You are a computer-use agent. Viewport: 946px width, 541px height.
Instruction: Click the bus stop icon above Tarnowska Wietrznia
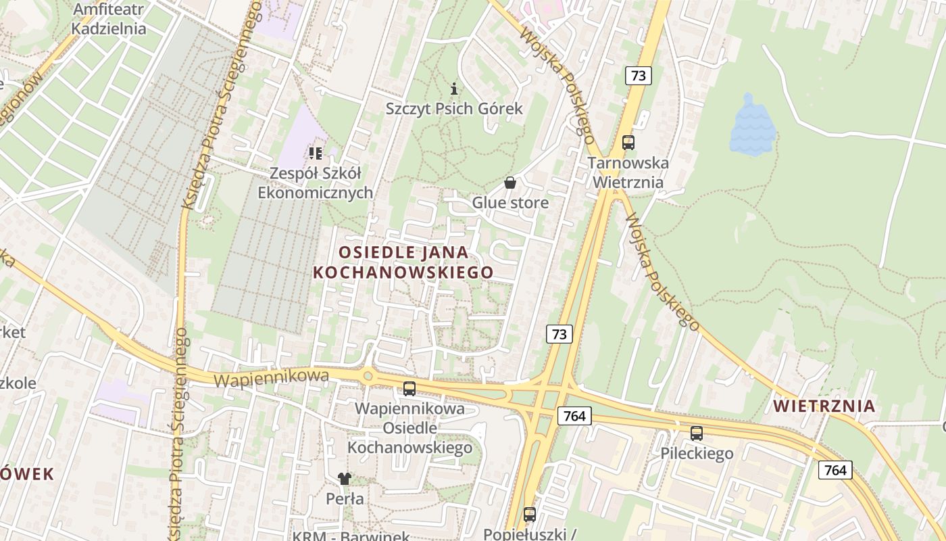pos(628,143)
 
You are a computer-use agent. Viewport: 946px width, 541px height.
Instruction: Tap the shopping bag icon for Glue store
pos(510,183)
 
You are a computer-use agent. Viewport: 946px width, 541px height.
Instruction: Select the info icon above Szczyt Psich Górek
pos(454,88)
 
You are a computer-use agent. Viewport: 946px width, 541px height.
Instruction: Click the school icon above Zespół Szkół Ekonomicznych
pos(315,154)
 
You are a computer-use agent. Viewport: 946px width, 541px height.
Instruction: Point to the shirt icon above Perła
pos(345,479)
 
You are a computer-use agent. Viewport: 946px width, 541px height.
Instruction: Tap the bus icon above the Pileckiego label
pos(697,433)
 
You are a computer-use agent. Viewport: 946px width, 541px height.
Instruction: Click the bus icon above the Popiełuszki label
pos(530,515)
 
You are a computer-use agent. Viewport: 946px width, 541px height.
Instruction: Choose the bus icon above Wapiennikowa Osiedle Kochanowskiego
pos(409,389)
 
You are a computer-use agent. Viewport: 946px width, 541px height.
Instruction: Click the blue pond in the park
pos(750,128)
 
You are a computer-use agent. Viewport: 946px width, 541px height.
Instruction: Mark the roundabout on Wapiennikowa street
pos(368,375)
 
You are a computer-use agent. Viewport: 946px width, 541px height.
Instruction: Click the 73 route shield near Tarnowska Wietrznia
pos(639,75)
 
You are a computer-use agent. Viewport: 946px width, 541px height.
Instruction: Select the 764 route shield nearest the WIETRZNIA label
pos(835,470)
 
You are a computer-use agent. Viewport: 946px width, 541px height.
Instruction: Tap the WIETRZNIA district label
pos(824,406)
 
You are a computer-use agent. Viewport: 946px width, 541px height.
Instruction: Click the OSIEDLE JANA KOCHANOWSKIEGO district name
pos(403,262)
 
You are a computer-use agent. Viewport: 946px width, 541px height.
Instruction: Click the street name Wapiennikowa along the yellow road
pos(271,378)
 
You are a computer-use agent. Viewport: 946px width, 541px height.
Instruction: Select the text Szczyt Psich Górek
pos(454,108)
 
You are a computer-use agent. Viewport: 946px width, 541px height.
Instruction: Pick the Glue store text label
pos(510,203)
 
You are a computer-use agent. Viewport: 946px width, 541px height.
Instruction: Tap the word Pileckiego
pos(697,454)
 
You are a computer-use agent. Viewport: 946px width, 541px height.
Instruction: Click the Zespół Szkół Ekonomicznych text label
pos(315,183)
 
